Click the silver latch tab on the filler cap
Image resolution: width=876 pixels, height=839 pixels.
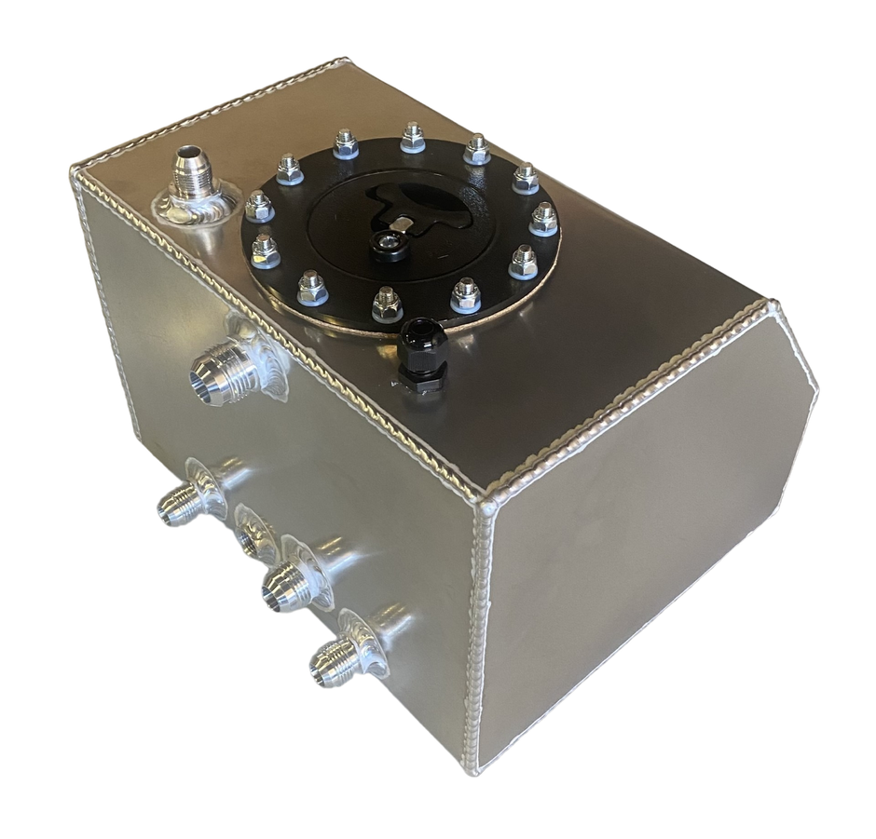coord(403,224)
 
